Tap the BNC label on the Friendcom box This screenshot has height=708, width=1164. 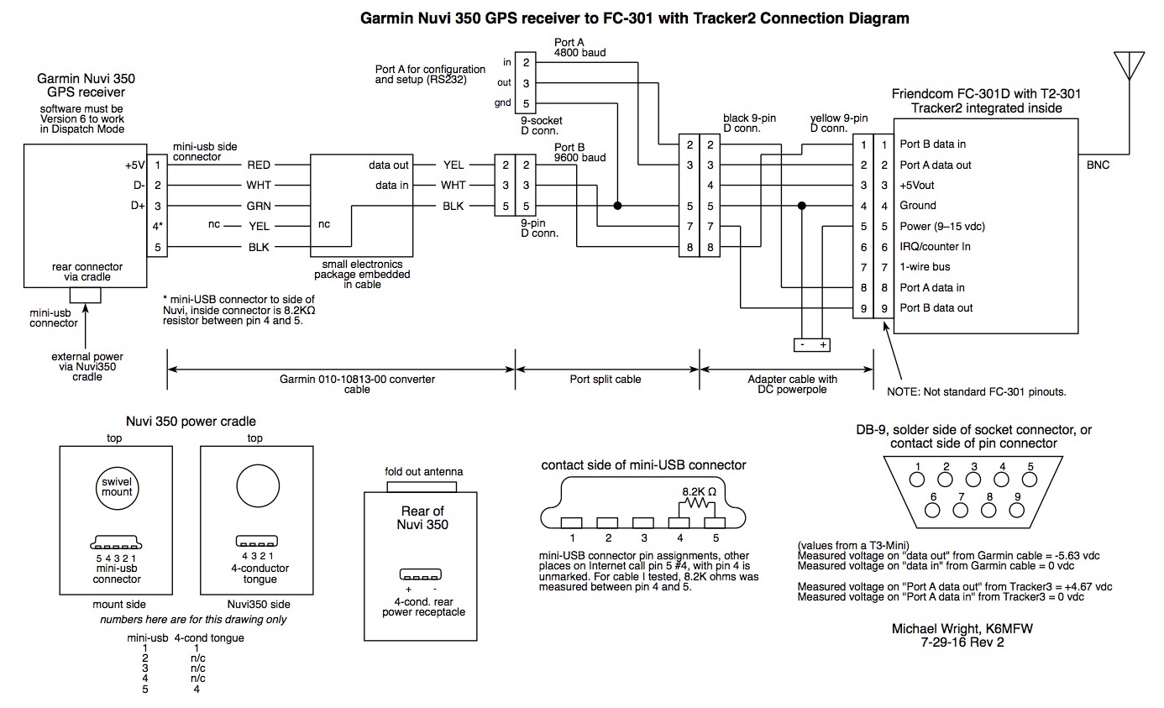pos(1098,165)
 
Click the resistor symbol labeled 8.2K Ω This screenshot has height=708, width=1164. pos(695,503)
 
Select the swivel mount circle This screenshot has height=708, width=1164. pos(118,486)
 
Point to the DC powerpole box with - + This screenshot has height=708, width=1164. pos(811,344)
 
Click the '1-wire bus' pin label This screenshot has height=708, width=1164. pos(925,267)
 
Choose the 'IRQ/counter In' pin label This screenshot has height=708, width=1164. pos(936,247)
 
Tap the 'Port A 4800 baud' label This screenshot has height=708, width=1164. pos(580,47)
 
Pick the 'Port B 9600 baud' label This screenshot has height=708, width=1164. pos(580,151)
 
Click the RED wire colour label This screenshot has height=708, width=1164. pos(259,165)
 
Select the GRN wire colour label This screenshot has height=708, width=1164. pos(259,206)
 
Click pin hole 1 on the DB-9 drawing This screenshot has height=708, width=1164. pos(918,479)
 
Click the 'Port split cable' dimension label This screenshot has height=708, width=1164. pos(606,380)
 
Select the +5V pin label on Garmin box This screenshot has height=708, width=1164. pos(135,165)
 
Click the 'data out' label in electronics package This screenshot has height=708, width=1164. pos(389,165)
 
